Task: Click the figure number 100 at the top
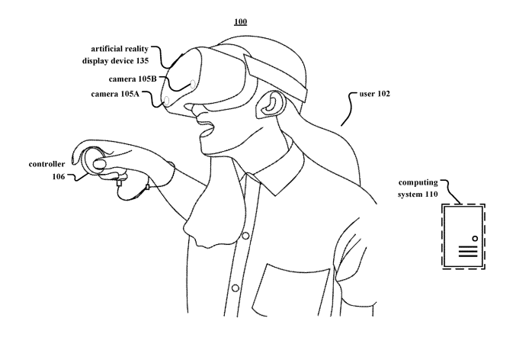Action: tap(240, 21)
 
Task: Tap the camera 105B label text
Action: tap(133, 79)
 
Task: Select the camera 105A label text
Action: tap(115, 94)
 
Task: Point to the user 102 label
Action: tap(374, 94)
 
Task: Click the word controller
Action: tap(46, 164)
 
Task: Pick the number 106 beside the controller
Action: tap(59, 177)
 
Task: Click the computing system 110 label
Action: tap(418, 188)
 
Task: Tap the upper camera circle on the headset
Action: tap(193, 83)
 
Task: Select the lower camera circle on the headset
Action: tap(166, 101)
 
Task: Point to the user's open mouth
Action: tap(207, 130)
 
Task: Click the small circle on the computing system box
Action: tap(475, 239)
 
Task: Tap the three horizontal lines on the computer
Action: tap(468, 252)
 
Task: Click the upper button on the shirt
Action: tap(245, 236)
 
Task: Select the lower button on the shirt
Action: tap(236, 288)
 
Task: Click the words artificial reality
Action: tap(120, 49)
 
